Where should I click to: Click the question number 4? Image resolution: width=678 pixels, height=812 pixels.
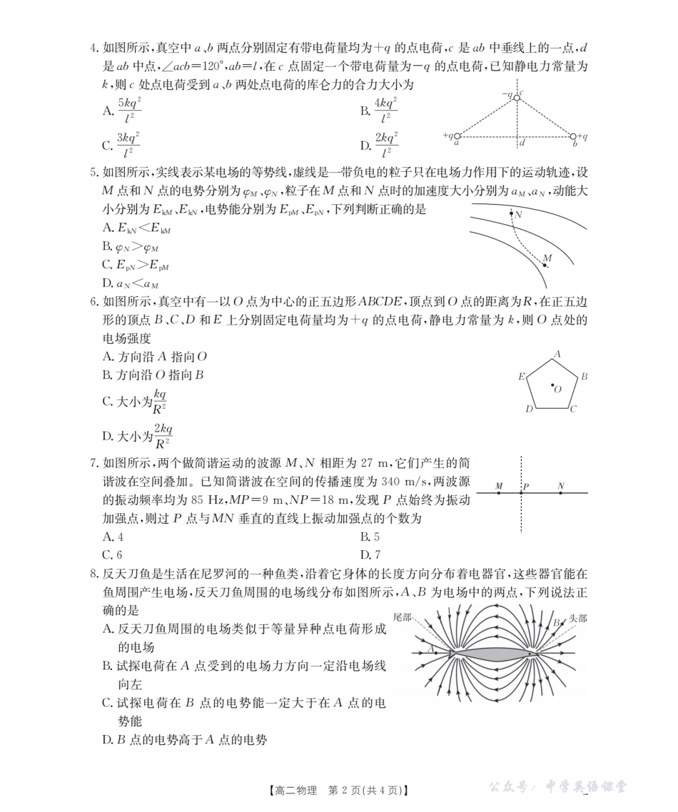93,49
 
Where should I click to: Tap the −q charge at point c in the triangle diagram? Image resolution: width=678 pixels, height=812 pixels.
517,97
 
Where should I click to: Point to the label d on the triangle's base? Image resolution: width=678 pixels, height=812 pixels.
522,143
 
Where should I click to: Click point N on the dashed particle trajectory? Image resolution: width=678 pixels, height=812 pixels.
511,213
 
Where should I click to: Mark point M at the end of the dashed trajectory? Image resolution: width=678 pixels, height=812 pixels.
545,265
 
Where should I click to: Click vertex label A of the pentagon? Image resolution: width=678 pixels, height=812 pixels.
557,354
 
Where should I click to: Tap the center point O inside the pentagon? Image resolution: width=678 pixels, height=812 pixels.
553,386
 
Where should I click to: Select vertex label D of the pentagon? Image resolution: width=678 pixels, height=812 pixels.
529,410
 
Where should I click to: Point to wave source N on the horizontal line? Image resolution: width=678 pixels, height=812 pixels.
561,493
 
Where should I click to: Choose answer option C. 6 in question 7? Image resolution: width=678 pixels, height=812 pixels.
113,554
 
